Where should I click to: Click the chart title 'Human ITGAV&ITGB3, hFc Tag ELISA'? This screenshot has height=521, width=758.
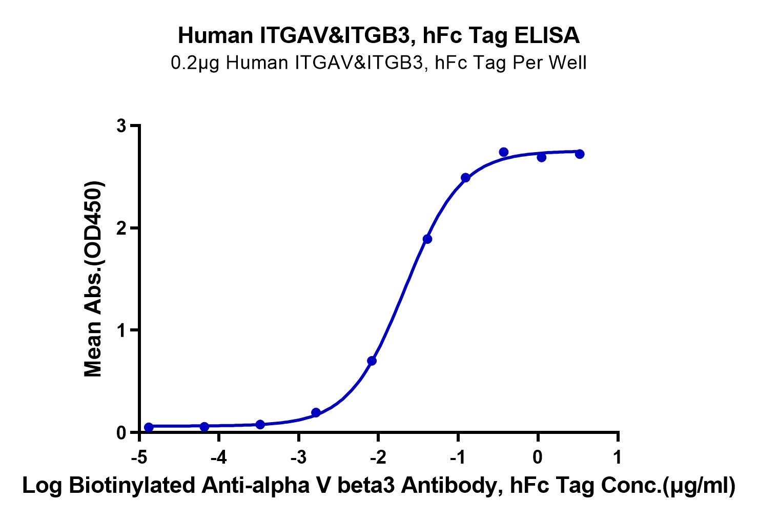(379, 36)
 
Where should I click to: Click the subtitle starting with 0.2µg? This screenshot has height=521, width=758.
(379, 63)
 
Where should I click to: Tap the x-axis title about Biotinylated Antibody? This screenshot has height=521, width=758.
(379, 486)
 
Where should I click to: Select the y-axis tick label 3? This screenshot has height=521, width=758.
(121, 126)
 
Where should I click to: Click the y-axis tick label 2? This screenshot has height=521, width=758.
(121, 228)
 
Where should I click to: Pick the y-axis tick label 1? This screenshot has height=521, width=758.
(121, 330)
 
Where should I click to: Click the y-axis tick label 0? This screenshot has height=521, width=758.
(121, 433)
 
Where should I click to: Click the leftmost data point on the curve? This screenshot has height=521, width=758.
(149, 427)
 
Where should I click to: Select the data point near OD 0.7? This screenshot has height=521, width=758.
(372, 361)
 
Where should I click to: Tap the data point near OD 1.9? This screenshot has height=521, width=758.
(427, 239)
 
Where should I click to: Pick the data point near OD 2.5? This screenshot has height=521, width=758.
(465, 178)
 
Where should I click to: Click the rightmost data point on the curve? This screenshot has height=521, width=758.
(580, 154)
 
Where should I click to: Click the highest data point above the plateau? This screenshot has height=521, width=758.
(504, 152)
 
